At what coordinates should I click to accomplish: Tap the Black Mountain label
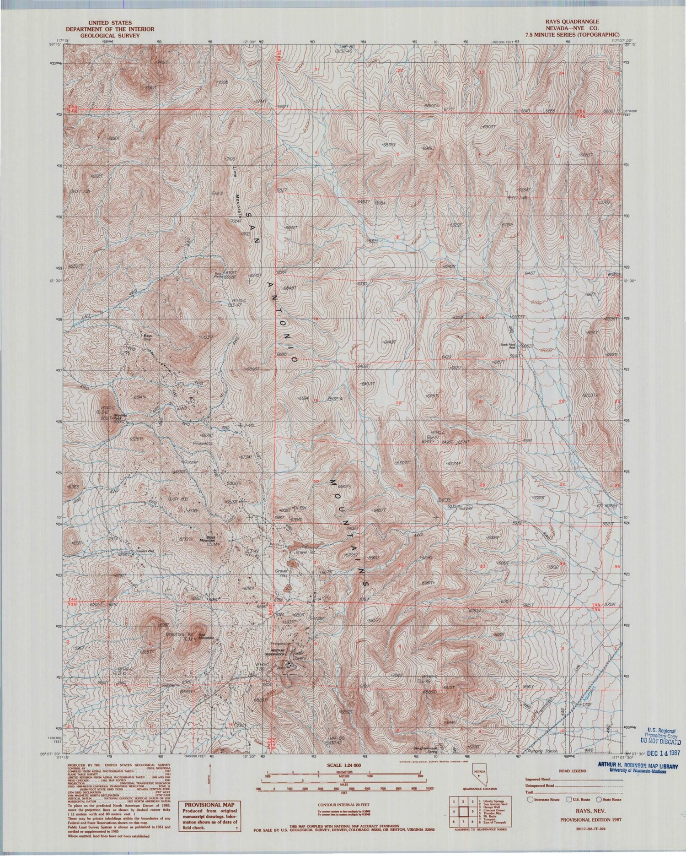tap(211, 539)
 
